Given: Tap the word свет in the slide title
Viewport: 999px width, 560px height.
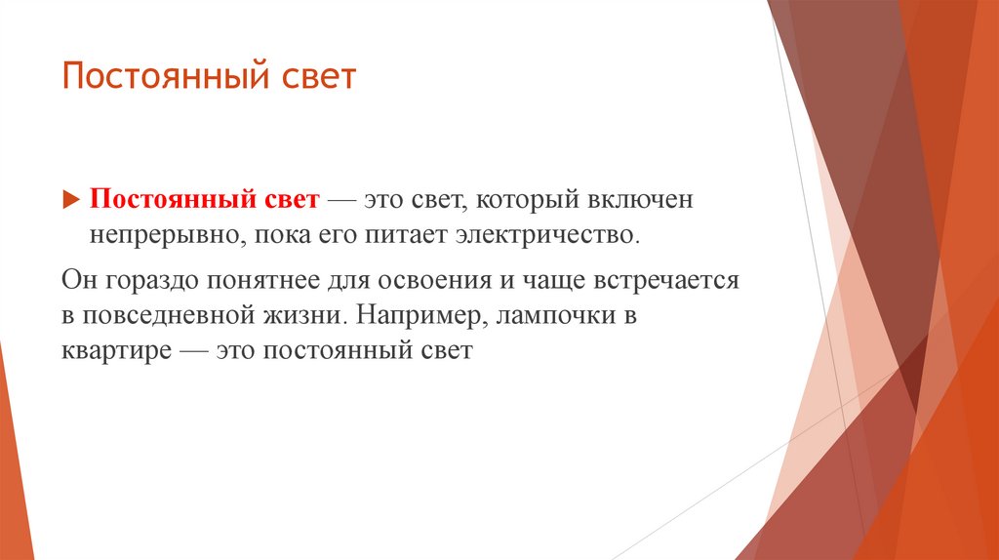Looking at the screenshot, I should click(x=320, y=77).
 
